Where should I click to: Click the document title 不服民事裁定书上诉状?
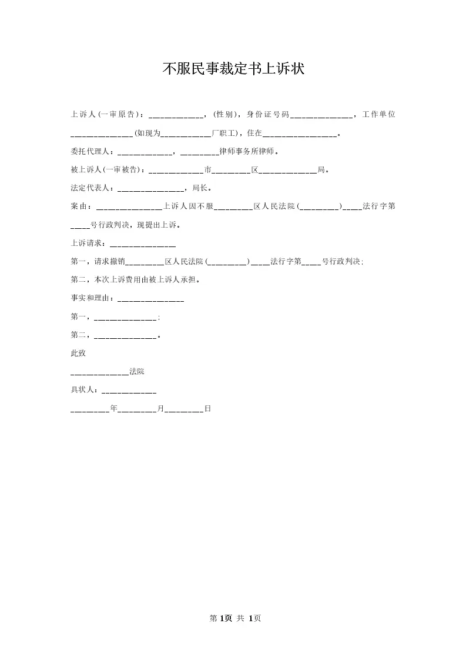(233, 69)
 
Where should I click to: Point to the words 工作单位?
(379, 114)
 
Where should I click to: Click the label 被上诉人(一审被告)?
(107, 171)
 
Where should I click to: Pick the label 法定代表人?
(90, 189)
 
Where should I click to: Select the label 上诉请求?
(87, 244)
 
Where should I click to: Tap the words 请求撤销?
(106, 262)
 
